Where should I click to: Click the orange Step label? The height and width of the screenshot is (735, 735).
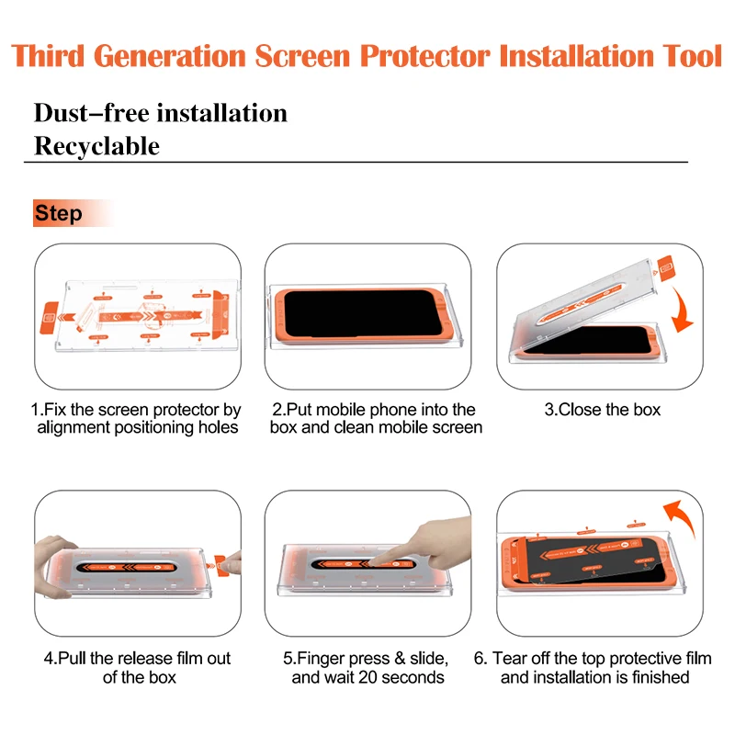60,214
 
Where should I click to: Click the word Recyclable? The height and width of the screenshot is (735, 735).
96,146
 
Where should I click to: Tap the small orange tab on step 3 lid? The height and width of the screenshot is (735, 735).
665,267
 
